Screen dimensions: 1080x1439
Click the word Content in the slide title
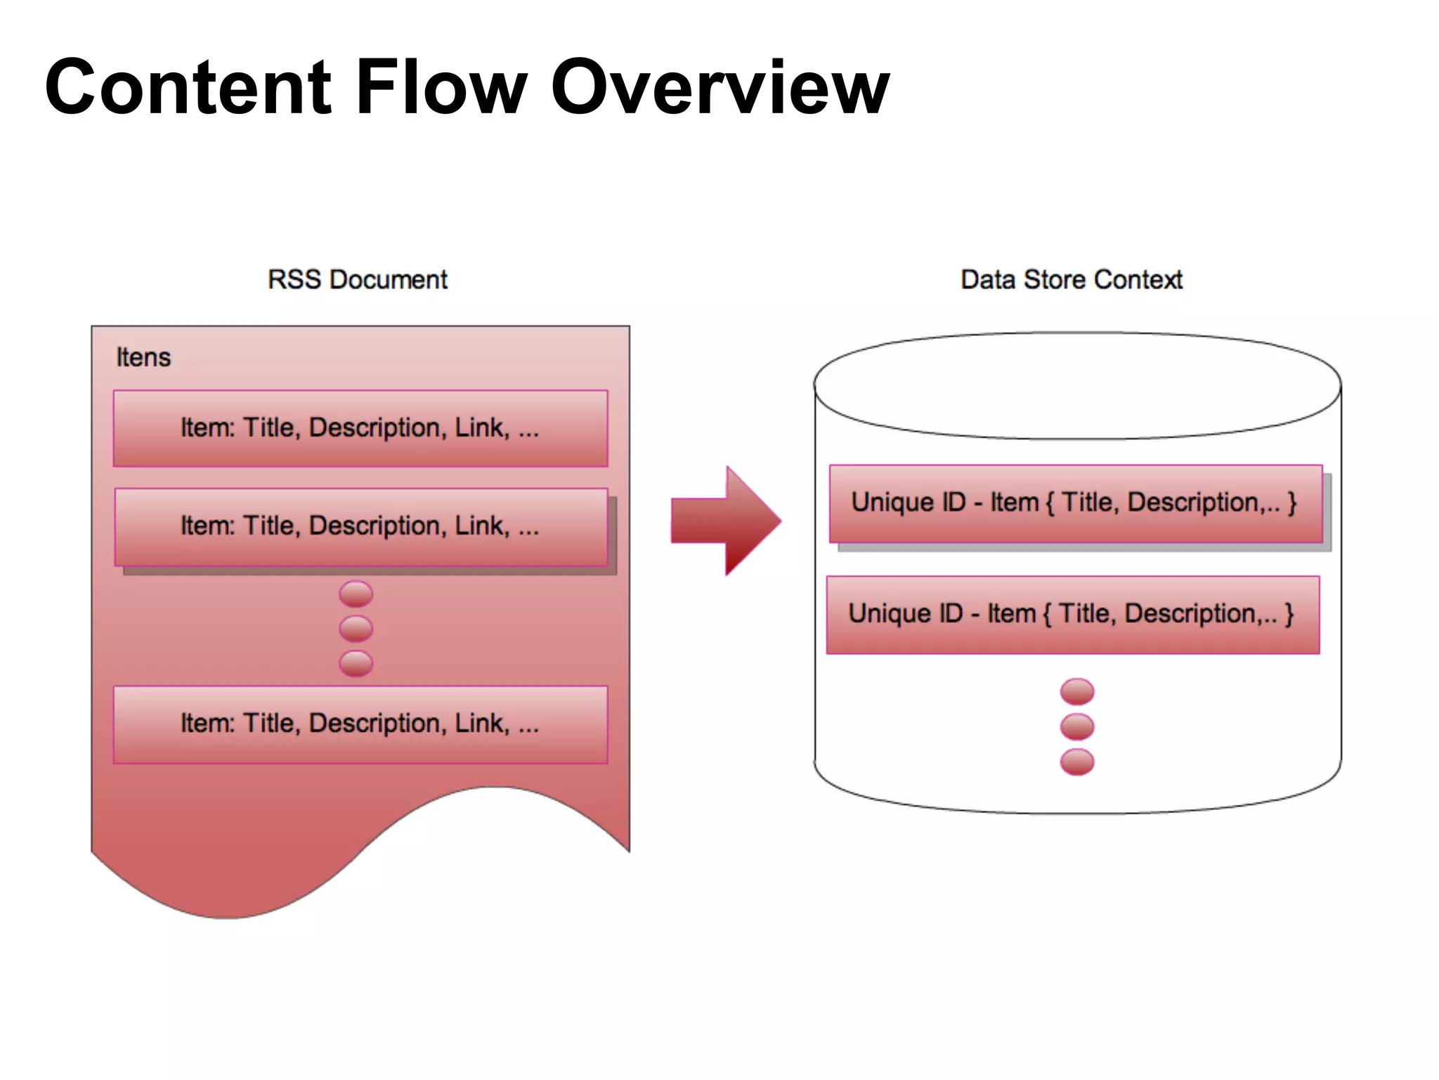click(x=188, y=87)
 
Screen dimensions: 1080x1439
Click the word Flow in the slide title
click(x=441, y=87)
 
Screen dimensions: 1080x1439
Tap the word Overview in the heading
click(x=719, y=87)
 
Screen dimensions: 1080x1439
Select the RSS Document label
click(x=357, y=279)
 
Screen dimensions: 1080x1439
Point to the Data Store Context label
click(x=1071, y=279)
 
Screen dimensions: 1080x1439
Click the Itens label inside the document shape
click(x=143, y=357)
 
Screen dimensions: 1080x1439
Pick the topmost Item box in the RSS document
click(x=360, y=428)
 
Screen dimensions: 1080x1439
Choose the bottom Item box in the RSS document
click(x=360, y=724)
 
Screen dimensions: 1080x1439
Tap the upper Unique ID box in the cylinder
click(x=1075, y=503)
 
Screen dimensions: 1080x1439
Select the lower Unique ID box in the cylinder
click(x=1072, y=615)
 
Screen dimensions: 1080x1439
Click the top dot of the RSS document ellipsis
click(x=356, y=594)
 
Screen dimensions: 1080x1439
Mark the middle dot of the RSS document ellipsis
click(x=356, y=629)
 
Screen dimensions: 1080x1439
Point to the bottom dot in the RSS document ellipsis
click(x=356, y=663)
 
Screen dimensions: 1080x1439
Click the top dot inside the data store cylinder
click(x=1076, y=691)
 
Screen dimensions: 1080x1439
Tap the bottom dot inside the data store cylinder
click(x=1076, y=761)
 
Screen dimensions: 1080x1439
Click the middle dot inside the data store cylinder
click(x=1076, y=726)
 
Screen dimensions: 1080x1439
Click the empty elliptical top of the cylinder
click(x=1076, y=385)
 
